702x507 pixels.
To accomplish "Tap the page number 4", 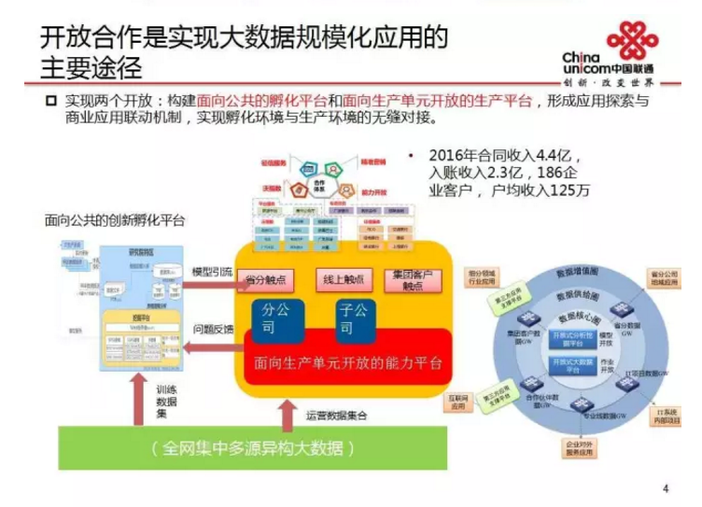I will [x=666, y=486].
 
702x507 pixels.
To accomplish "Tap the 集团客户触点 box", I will [x=412, y=278].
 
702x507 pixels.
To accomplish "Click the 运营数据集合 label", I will [x=336, y=412].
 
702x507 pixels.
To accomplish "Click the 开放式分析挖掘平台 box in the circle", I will [x=565, y=338].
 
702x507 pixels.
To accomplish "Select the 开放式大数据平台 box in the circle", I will [x=565, y=366].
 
